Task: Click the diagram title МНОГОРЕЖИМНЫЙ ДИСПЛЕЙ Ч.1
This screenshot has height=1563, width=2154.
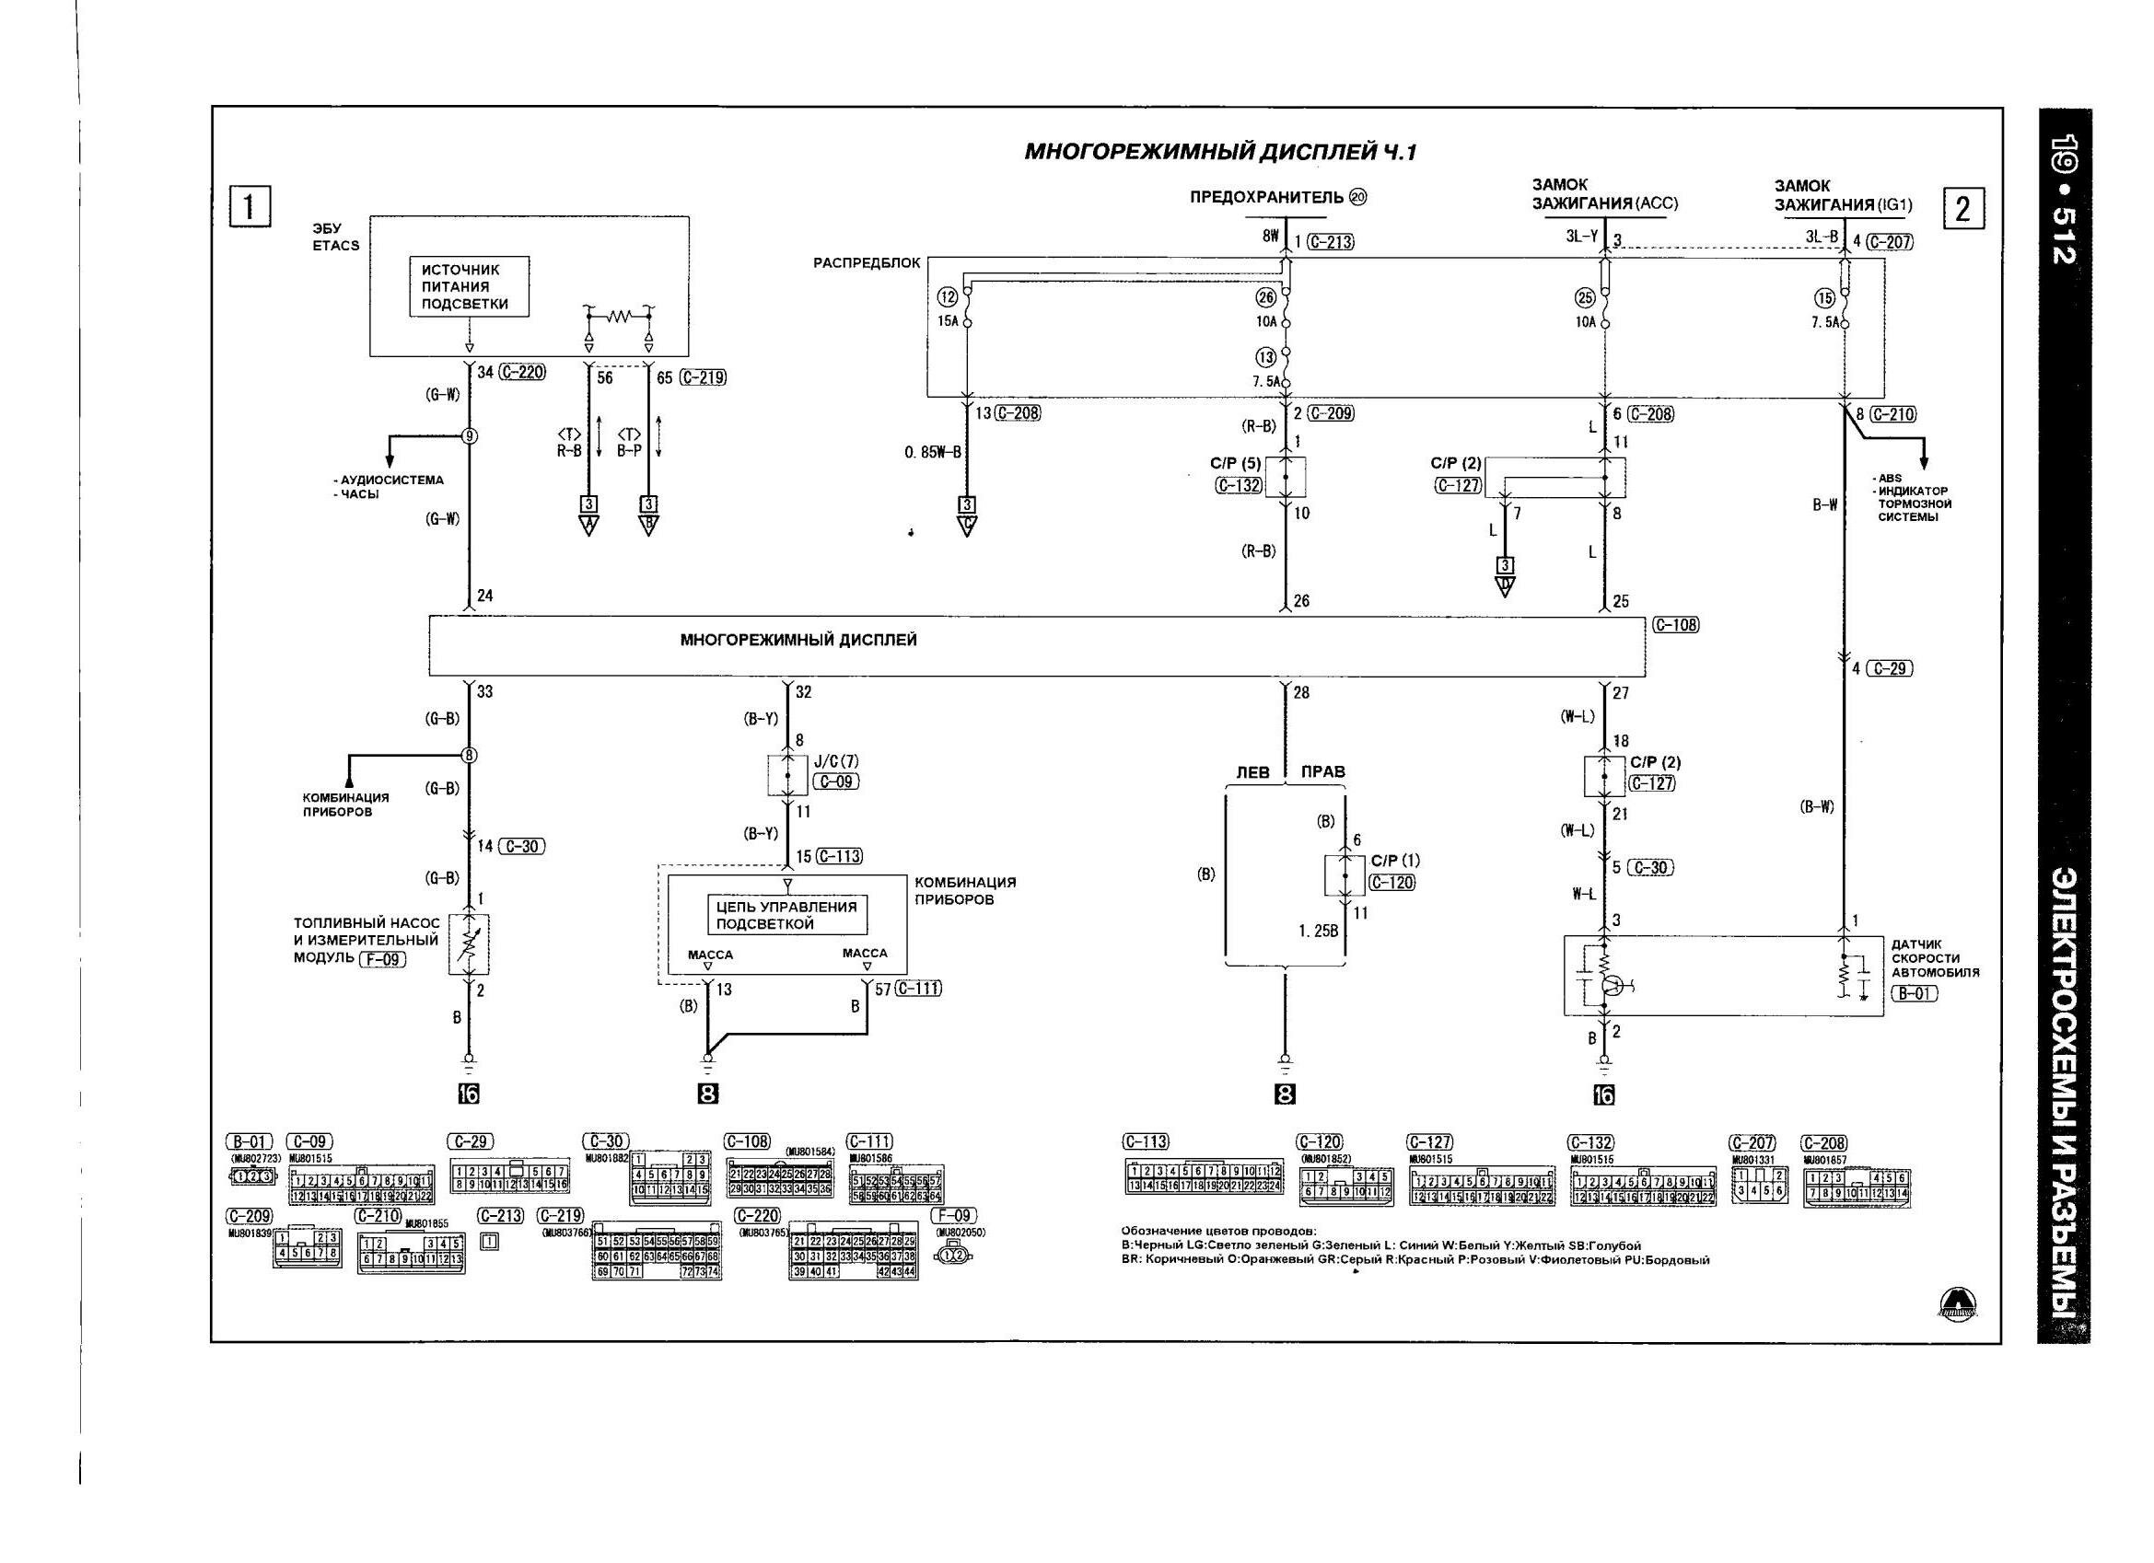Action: (1219, 152)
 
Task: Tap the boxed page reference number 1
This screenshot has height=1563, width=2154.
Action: (250, 206)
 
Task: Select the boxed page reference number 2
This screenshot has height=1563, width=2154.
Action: (1963, 208)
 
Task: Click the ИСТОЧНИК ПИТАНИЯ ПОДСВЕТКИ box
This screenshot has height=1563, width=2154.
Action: (469, 287)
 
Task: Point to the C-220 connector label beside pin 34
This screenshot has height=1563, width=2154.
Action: (522, 372)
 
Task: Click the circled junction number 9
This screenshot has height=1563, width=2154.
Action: (469, 436)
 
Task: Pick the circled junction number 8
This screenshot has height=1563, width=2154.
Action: (469, 755)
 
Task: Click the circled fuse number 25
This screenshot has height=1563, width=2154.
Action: (1584, 298)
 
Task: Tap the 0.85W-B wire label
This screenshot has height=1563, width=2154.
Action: (933, 452)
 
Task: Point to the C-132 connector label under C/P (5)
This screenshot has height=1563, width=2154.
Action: (1239, 486)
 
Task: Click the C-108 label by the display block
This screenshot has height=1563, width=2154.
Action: (1675, 625)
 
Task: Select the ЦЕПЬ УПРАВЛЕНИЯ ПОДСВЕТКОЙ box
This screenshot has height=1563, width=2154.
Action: (786, 914)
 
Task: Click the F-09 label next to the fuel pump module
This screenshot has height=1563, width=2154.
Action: (383, 959)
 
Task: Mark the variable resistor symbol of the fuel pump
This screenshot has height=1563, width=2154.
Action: (469, 944)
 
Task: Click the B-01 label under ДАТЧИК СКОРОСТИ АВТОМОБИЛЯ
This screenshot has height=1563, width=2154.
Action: (1913, 994)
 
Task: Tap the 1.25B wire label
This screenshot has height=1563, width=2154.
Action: (1318, 932)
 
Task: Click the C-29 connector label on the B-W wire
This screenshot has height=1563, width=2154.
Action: (1889, 668)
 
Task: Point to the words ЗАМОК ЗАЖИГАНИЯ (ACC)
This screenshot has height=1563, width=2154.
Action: (1604, 193)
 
